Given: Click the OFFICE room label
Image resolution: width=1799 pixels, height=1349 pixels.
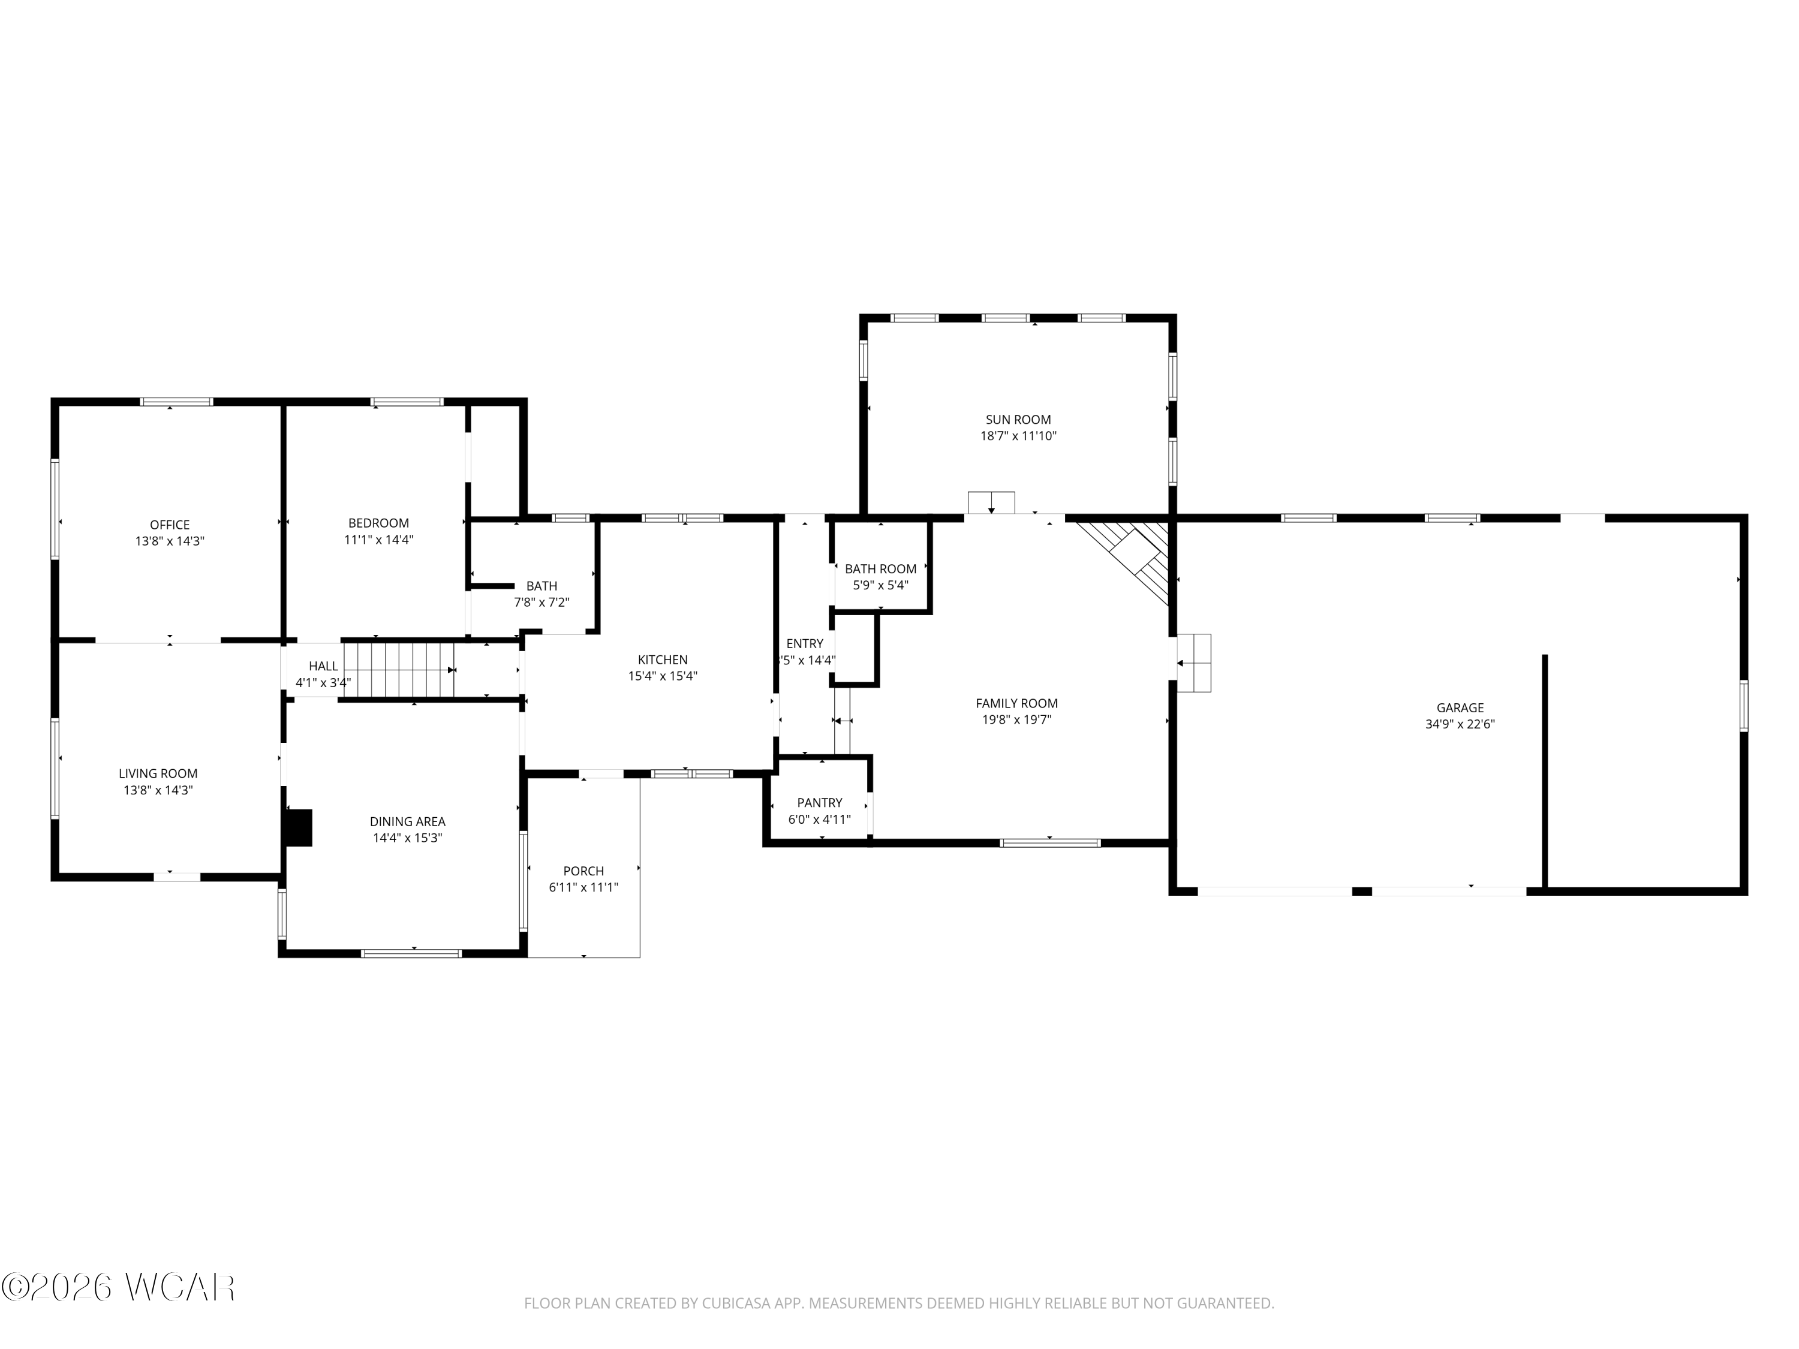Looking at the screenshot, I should [x=169, y=525].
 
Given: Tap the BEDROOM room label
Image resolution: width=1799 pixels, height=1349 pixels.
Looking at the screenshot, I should [x=378, y=523].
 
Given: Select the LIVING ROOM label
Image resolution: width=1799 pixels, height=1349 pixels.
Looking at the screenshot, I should [x=158, y=774].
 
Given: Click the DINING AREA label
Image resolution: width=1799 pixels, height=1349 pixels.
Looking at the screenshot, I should [x=407, y=822].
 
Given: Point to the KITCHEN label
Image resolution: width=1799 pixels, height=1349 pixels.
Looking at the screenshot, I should [x=662, y=660].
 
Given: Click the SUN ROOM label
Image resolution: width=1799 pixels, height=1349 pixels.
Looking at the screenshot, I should [x=1018, y=420].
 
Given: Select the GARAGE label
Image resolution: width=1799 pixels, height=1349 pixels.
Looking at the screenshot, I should [x=1460, y=708].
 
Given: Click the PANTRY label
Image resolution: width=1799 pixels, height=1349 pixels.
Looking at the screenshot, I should [x=819, y=803].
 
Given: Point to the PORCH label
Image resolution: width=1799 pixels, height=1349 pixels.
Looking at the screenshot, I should [x=583, y=872].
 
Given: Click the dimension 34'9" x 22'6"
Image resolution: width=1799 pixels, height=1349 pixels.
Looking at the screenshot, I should [x=1460, y=724].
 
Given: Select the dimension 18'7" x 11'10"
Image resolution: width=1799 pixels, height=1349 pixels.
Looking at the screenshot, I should [x=1018, y=436].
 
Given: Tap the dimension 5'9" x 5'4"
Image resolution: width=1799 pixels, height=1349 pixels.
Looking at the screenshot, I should [x=880, y=585].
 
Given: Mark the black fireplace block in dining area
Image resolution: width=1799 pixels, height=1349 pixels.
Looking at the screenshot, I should [x=299, y=828].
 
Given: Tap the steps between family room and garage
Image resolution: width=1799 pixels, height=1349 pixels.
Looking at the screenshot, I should [x=1194, y=663].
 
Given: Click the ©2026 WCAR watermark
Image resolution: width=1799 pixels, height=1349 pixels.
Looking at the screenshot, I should [x=119, y=1287].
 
